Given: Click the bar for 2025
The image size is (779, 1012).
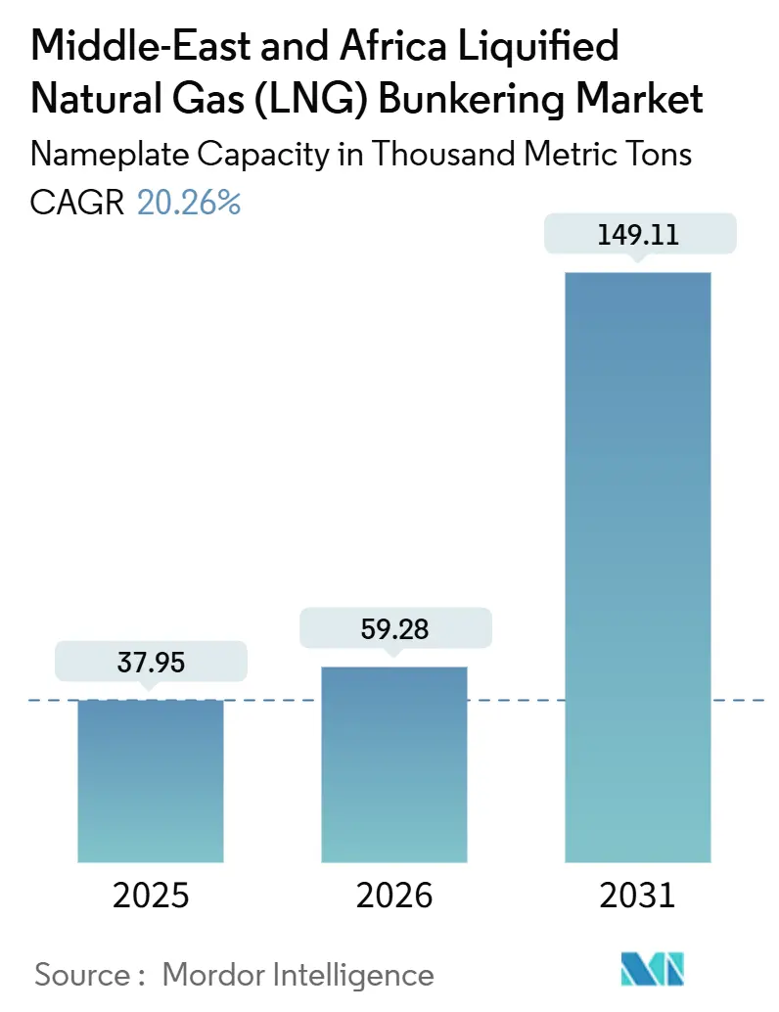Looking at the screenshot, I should [151, 780].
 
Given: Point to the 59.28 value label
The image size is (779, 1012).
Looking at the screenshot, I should [394, 629].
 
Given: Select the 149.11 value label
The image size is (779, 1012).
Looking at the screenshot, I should [637, 235].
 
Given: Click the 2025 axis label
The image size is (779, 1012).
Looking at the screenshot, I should [151, 896].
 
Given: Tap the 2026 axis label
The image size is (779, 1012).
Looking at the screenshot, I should [394, 896].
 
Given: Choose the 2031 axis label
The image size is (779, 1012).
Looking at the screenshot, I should [637, 896].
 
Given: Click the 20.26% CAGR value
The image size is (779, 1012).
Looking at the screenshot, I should [189, 203].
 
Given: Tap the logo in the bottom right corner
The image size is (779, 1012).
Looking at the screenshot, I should [653, 969].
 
